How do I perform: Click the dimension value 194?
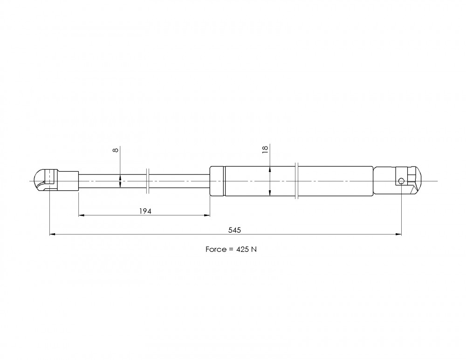point(145,211)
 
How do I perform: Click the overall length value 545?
point(234,230)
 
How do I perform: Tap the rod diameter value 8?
point(116,150)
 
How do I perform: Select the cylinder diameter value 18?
point(265,149)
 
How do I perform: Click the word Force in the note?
point(216,249)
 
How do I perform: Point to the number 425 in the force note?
point(242,249)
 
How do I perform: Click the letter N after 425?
point(254,249)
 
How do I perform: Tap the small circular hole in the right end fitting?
point(401,181)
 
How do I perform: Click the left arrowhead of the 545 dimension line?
point(52,235)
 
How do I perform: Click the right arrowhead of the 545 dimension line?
point(398,235)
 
